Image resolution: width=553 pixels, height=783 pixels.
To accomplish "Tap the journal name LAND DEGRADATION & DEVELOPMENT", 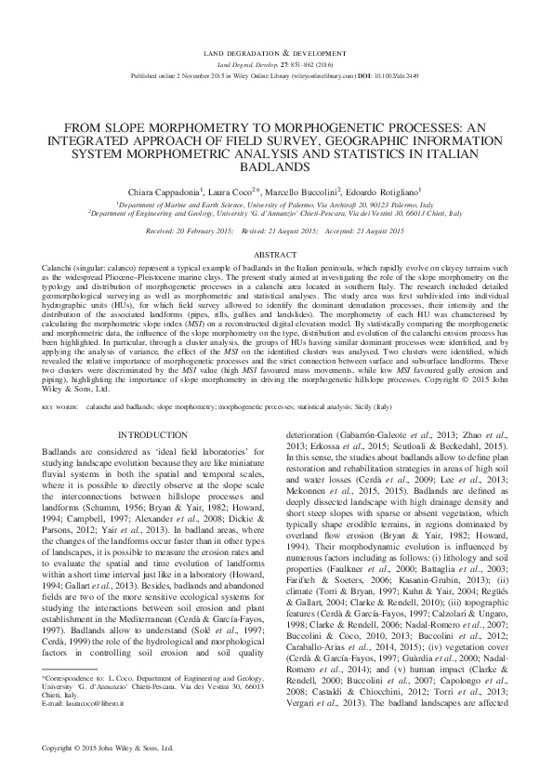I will pos(276,56).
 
